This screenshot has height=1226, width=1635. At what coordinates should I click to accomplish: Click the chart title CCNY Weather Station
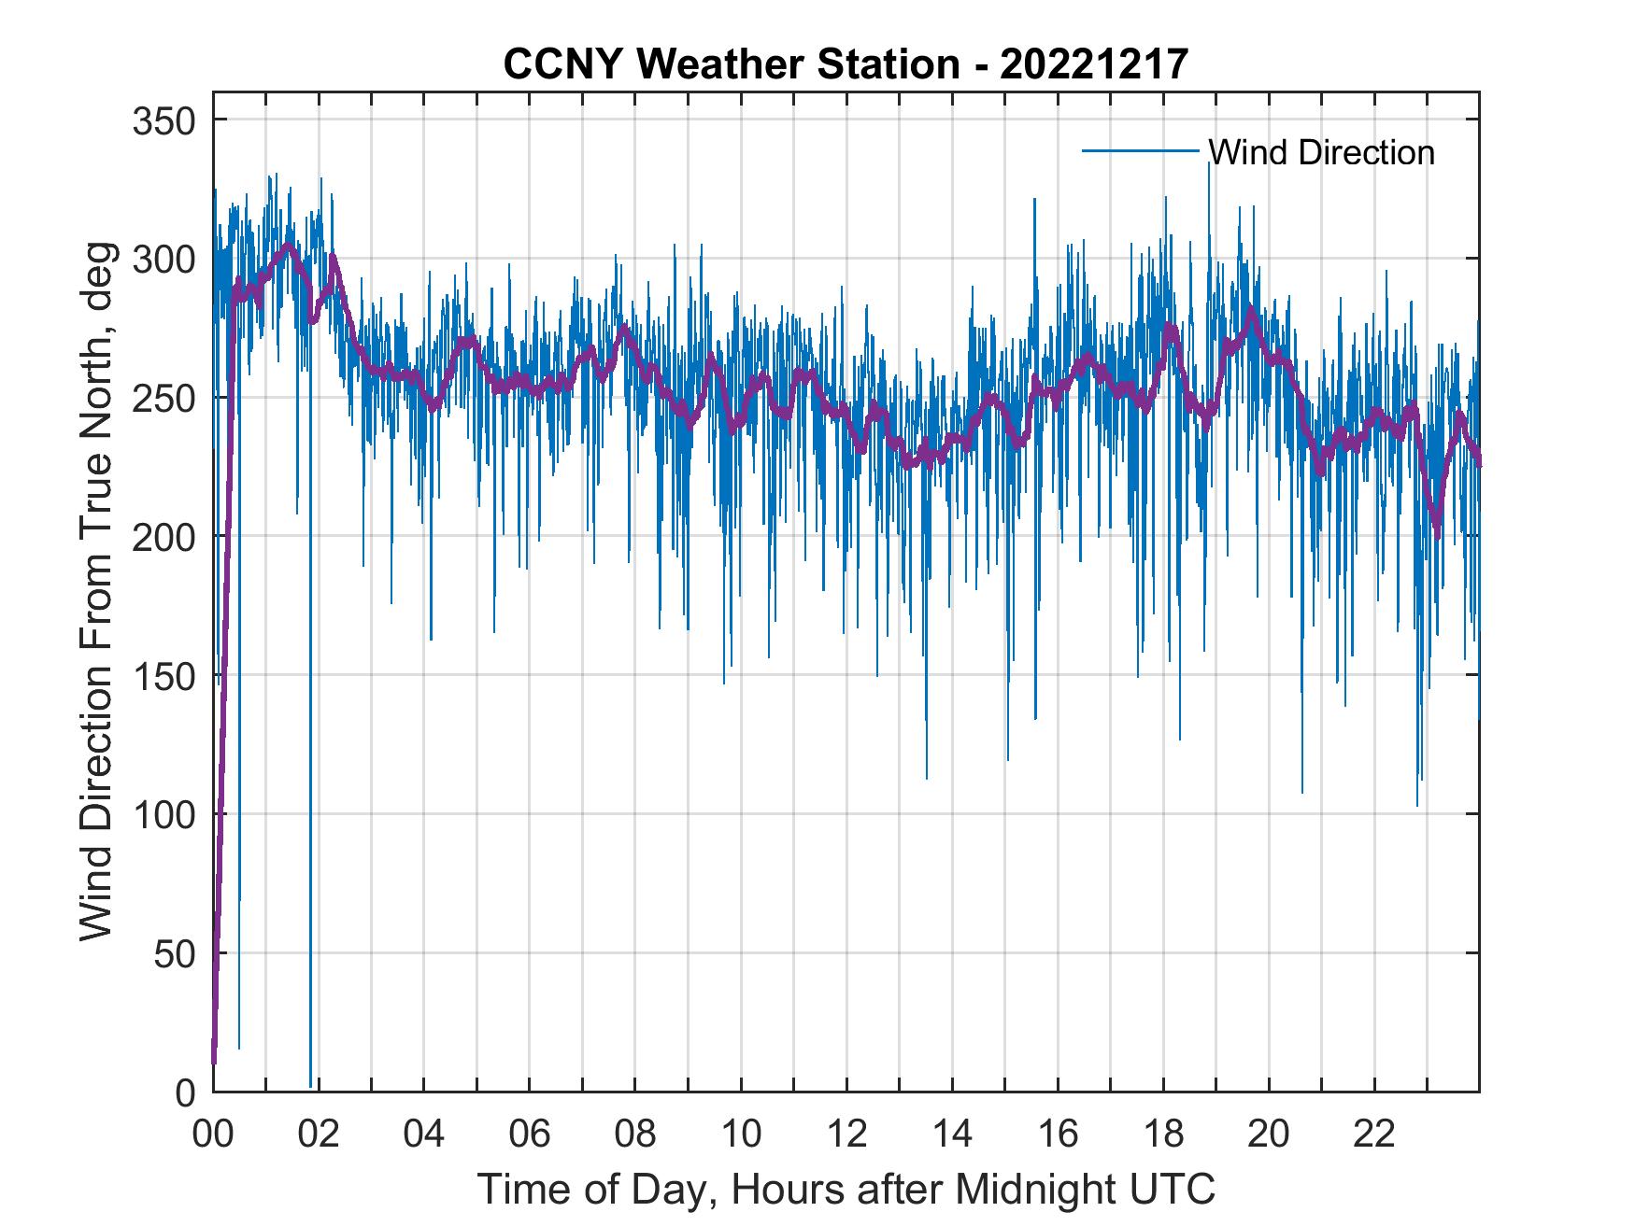tap(846, 63)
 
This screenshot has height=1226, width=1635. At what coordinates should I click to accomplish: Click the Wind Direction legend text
tap(1321, 152)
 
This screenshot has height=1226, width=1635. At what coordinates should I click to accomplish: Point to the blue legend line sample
tap(1140, 150)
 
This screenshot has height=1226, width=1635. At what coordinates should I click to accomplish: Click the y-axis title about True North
tap(97, 592)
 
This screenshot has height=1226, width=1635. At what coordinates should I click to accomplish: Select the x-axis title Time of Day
tap(846, 1190)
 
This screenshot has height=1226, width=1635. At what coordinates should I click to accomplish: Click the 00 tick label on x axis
tap(213, 1134)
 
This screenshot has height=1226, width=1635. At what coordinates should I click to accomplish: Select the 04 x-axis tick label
tap(424, 1134)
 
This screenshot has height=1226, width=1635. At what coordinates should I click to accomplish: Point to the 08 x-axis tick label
tap(635, 1134)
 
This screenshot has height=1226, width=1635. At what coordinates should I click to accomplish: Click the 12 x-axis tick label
tap(846, 1134)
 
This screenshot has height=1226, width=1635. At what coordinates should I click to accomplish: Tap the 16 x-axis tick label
tap(1058, 1134)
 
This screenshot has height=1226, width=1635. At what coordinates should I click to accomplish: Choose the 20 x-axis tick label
tap(1269, 1134)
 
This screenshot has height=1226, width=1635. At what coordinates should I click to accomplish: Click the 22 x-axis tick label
tap(1374, 1134)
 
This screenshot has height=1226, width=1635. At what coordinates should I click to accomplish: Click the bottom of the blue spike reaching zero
tap(310, 1086)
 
